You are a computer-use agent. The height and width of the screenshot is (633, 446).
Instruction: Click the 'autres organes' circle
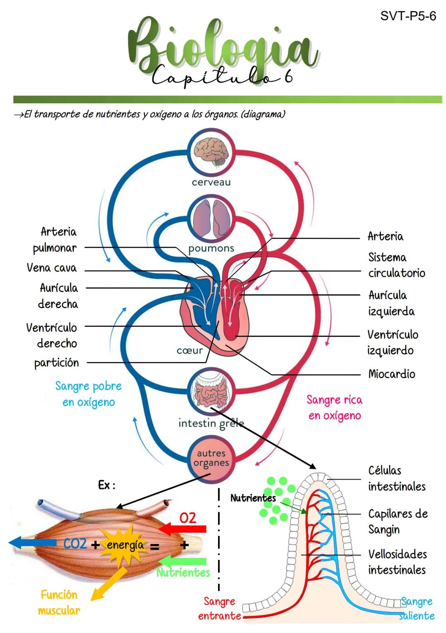[x=211, y=459]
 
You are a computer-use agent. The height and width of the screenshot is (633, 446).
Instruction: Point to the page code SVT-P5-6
[x=408, y=16]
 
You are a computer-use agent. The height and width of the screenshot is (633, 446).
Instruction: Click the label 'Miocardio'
[x=391, y=374]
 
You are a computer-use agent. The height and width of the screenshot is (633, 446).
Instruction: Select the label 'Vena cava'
[x=52, y=268]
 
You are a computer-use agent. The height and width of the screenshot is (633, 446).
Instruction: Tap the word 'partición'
[x=57, y=363]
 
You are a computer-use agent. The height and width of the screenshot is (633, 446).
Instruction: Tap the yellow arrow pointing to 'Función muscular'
[x=108, y=584]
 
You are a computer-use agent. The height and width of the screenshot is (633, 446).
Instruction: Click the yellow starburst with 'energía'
[x=125, y=545]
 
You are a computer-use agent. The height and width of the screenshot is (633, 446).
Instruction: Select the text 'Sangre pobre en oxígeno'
[x=88, y=394]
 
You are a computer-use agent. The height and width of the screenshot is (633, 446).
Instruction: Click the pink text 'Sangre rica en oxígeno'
[x=334, y=407]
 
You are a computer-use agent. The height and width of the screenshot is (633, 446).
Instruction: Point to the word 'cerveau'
[x=211, y=182]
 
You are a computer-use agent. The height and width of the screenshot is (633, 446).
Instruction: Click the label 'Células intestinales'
[x=396, y=478]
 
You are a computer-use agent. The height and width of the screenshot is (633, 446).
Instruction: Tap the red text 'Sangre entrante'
[x=219, y=608]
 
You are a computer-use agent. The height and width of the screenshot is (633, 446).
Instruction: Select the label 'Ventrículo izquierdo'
[x=392, y=342]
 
